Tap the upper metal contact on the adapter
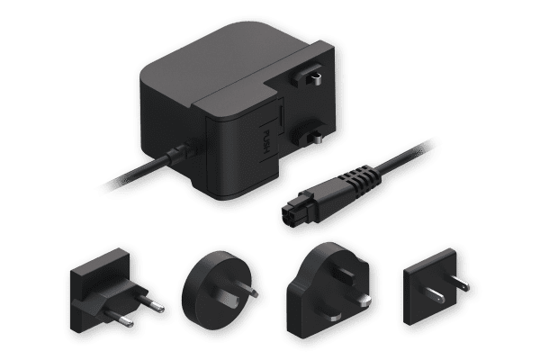point(316,79)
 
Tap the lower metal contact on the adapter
point(318,138)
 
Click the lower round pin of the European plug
point(121,318)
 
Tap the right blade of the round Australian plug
point(247,290)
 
